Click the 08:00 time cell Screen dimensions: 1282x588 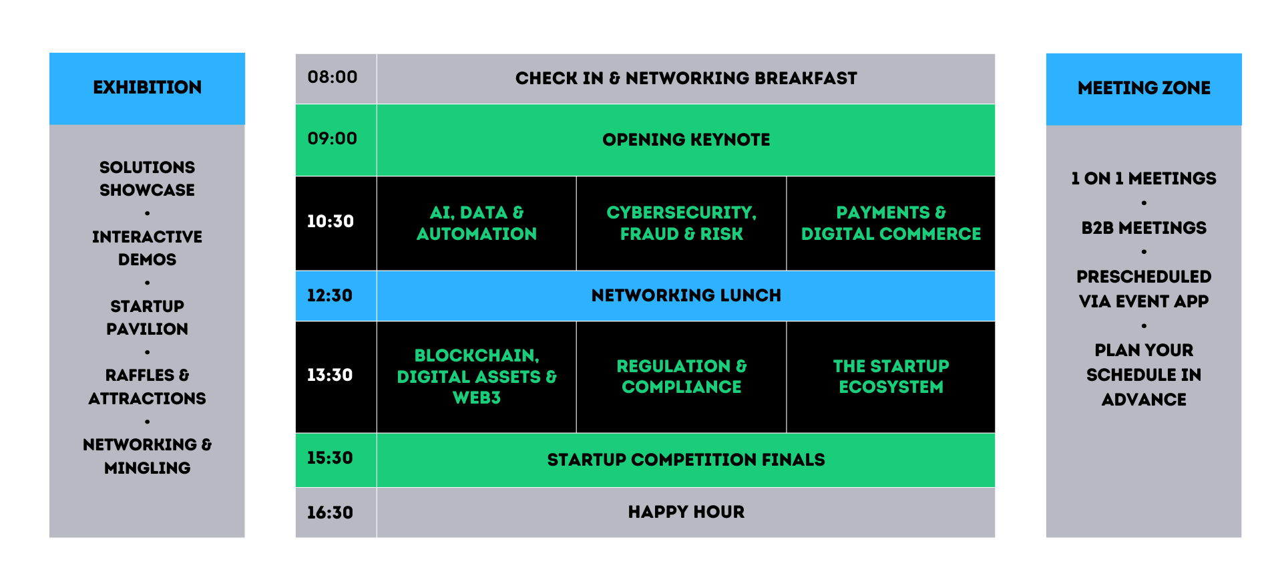click(x=336, y=78)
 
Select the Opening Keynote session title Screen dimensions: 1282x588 click(x=686, y=140)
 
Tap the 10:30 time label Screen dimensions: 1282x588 click(x=330, y=221)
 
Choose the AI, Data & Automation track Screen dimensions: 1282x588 click(x=477, y=223)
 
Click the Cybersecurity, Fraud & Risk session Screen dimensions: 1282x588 click(x=681, y=223)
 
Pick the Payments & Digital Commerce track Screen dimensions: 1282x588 click(x=891, y=223)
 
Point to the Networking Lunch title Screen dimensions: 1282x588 click(x=686, y=295)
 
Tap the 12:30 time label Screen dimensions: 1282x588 click(x=329, y=295)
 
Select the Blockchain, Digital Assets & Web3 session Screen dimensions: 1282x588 click(x=477, y=377)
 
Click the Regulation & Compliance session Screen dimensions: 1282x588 click(x=681, y=377)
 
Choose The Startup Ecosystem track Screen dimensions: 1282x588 click(x=891, y=377)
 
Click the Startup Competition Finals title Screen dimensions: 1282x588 click(x=686, y=460)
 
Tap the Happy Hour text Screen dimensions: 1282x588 click(x=686, y=512)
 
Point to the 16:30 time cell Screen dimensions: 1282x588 click(x=336, y=512)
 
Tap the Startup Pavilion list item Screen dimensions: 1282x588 click(x=147, y=317)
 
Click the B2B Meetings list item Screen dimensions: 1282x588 click(x=1144, y=228)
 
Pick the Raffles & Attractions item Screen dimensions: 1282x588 click(x=147, y=387)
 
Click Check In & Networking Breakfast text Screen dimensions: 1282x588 click(x=686, y=78)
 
